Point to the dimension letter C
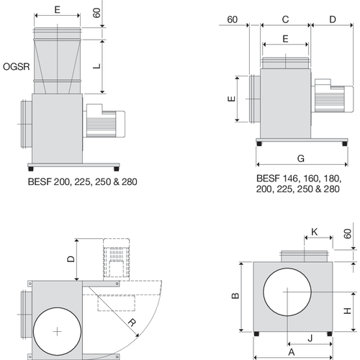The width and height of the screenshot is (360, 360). pos(285,19)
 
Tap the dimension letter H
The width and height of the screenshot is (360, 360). pos(346,311)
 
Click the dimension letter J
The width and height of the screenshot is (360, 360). pos(310,336)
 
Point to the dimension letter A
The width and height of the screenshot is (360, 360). pos(292,352)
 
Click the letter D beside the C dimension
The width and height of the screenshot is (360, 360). pos(332,19)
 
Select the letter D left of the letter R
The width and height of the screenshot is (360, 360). pos(71,258)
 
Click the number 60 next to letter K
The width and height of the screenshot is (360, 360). pos(348,235)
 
